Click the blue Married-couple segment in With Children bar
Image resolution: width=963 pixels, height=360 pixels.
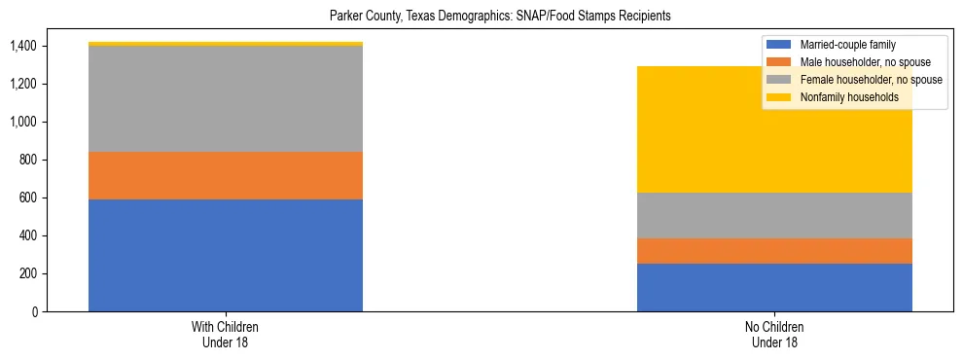click(x=226, y=255)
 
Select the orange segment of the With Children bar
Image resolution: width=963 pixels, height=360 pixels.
click(x=226, y=175)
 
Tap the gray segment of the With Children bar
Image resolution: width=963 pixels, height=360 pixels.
click(x=226, y=98)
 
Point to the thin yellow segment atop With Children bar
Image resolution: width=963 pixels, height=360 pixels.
click(x=226, y=44)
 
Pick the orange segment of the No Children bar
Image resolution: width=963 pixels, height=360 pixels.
click(x=774, y=251)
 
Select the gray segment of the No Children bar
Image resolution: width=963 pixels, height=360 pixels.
click(x=774, y=215)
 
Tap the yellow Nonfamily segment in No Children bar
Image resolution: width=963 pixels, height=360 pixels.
click(x=774, y=146)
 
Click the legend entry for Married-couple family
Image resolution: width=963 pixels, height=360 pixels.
click(x=847, y=45)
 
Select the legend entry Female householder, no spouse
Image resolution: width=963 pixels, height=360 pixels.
click(x=865, y=80)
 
